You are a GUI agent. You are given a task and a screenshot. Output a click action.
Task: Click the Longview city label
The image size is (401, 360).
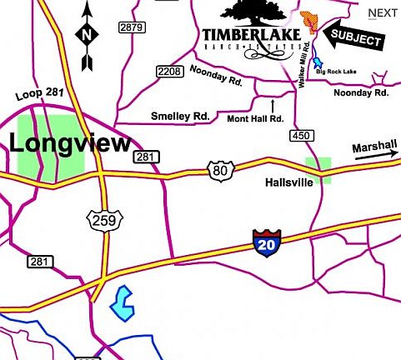click(70, 142)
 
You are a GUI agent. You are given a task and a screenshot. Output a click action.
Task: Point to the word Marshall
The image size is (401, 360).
click(373, 147)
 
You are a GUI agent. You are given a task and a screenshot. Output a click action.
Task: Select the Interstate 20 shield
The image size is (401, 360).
click(264, 244)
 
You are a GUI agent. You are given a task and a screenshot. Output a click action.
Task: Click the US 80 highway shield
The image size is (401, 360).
click(219, 170)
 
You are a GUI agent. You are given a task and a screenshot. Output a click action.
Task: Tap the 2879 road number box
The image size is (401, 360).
click(132, 27)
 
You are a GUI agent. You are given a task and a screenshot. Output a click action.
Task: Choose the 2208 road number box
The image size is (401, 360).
click(169, 72)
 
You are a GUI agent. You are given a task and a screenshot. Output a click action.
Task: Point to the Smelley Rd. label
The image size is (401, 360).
click(180, 116)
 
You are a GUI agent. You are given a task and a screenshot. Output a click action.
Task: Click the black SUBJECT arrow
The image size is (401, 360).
click(353, 37)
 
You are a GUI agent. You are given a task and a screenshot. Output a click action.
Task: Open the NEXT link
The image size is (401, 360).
click(383, 12)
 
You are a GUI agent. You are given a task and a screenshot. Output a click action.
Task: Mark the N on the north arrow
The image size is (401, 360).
click(88, 35)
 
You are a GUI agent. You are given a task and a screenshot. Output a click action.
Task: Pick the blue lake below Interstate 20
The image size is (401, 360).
click(123, 302)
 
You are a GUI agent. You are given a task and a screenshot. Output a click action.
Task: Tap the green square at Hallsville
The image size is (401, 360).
click(318, 169)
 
